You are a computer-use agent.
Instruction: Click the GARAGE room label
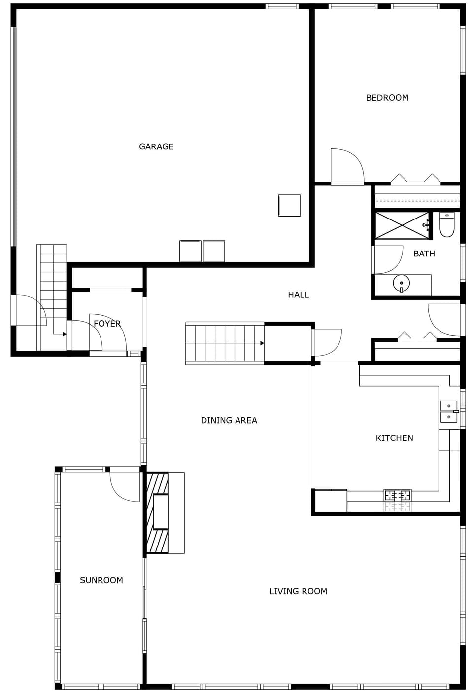point(156,146)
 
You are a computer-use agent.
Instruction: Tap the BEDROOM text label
point(387,98)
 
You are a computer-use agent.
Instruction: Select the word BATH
point(424,254)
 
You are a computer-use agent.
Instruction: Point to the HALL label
point(298,294)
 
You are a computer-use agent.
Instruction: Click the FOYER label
point(107,324)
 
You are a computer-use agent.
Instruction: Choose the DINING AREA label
point(229,420)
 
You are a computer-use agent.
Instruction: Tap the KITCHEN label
point(394,438)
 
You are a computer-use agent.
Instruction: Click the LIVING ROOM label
point(298,591)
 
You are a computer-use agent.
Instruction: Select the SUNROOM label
point(101,580)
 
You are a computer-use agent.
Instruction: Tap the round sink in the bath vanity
point(401,284)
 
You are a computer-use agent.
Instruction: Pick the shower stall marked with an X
point(402,225)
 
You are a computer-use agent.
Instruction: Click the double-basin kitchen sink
point(448,411)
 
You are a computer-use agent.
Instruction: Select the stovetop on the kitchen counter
point(397,495)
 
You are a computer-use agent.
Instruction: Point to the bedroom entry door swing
point(347,166)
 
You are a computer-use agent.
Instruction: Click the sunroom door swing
point(125,486)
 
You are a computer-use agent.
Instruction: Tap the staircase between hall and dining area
point(225,343)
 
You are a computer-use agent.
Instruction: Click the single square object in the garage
point(289,205)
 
